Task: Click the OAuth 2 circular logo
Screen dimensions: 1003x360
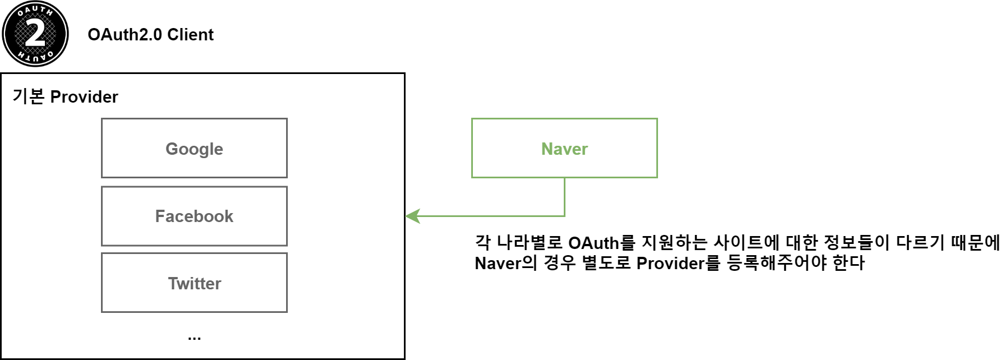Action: pos(35,34)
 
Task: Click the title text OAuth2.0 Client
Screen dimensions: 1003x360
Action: pos(150,35)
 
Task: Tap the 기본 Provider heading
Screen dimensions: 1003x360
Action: pos(65,96)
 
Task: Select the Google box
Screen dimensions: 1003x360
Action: pos(194,149)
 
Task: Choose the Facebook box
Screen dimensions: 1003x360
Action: pos(194,216)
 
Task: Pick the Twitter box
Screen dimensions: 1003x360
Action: pos(194,283)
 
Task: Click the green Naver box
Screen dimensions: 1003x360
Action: pos(564,149)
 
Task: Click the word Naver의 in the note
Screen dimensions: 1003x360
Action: pos(505,263)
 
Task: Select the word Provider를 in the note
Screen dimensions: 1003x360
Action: pos(678,263)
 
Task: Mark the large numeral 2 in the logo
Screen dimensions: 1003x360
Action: pos(35,34)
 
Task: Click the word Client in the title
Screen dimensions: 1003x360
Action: pos(190,35)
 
